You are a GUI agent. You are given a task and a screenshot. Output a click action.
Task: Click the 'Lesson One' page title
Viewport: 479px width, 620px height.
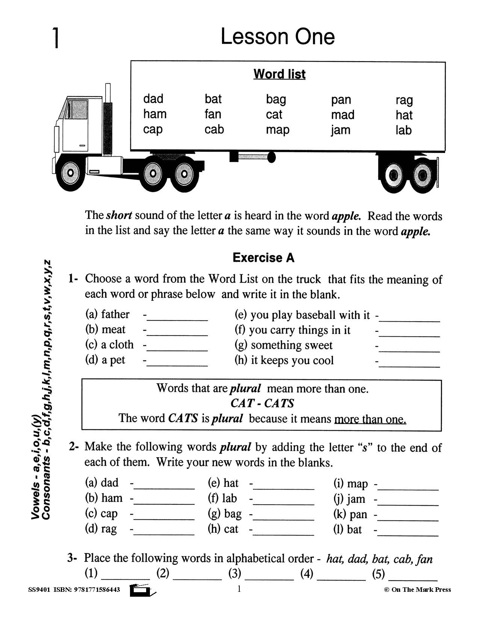point(277,37)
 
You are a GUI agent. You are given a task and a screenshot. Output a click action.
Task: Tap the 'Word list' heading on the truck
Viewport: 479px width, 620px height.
point(279,74)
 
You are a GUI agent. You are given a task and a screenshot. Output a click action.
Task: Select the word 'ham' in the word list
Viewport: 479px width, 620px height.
point(154,114)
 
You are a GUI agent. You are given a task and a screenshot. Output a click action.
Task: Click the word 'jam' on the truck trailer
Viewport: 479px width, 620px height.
point(340,130)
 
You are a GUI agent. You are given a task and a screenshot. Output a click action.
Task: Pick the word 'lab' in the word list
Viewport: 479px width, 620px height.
point(403,130)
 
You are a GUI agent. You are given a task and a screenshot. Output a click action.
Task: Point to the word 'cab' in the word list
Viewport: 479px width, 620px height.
point(214,129)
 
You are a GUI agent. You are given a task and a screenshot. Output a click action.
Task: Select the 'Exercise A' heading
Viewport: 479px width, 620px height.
point(263,258)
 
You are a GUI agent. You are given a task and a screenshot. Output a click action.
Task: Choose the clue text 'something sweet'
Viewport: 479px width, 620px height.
point(291,345)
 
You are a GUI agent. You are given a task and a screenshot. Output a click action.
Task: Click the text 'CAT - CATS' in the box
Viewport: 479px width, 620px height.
point(262,403)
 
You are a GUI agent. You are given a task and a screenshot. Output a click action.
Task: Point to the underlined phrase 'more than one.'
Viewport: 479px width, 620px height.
point(370,419)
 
